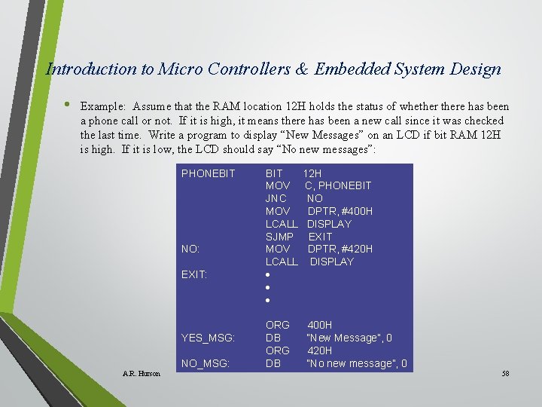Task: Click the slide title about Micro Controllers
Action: (x=273, y=69)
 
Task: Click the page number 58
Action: (x=505, y=373)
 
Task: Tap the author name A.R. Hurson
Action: (x=141, y=373)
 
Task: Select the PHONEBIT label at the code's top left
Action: (x=209, y=173)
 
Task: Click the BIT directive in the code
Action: (x=274, y=173)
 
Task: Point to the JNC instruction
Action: (x=276, y=198)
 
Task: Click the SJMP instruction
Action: (x=279, y=237)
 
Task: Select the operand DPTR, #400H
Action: (x=340, y=211)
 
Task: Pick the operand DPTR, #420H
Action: (x=340, y=249)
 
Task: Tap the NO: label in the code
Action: (x=190, y=249)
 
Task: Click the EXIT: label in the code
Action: (x=194, y=274)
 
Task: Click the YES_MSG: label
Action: (x=208, y=338)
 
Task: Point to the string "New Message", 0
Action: (x=349, y=338)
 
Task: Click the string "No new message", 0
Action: (x=356, y=363)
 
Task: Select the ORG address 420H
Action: (x=319, y=350)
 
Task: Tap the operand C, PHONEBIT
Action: (x=338, y=185)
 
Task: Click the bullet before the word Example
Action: (x=67, y=105)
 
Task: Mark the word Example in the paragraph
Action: (x=102, y=107)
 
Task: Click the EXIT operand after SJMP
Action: (x=320, y=237)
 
